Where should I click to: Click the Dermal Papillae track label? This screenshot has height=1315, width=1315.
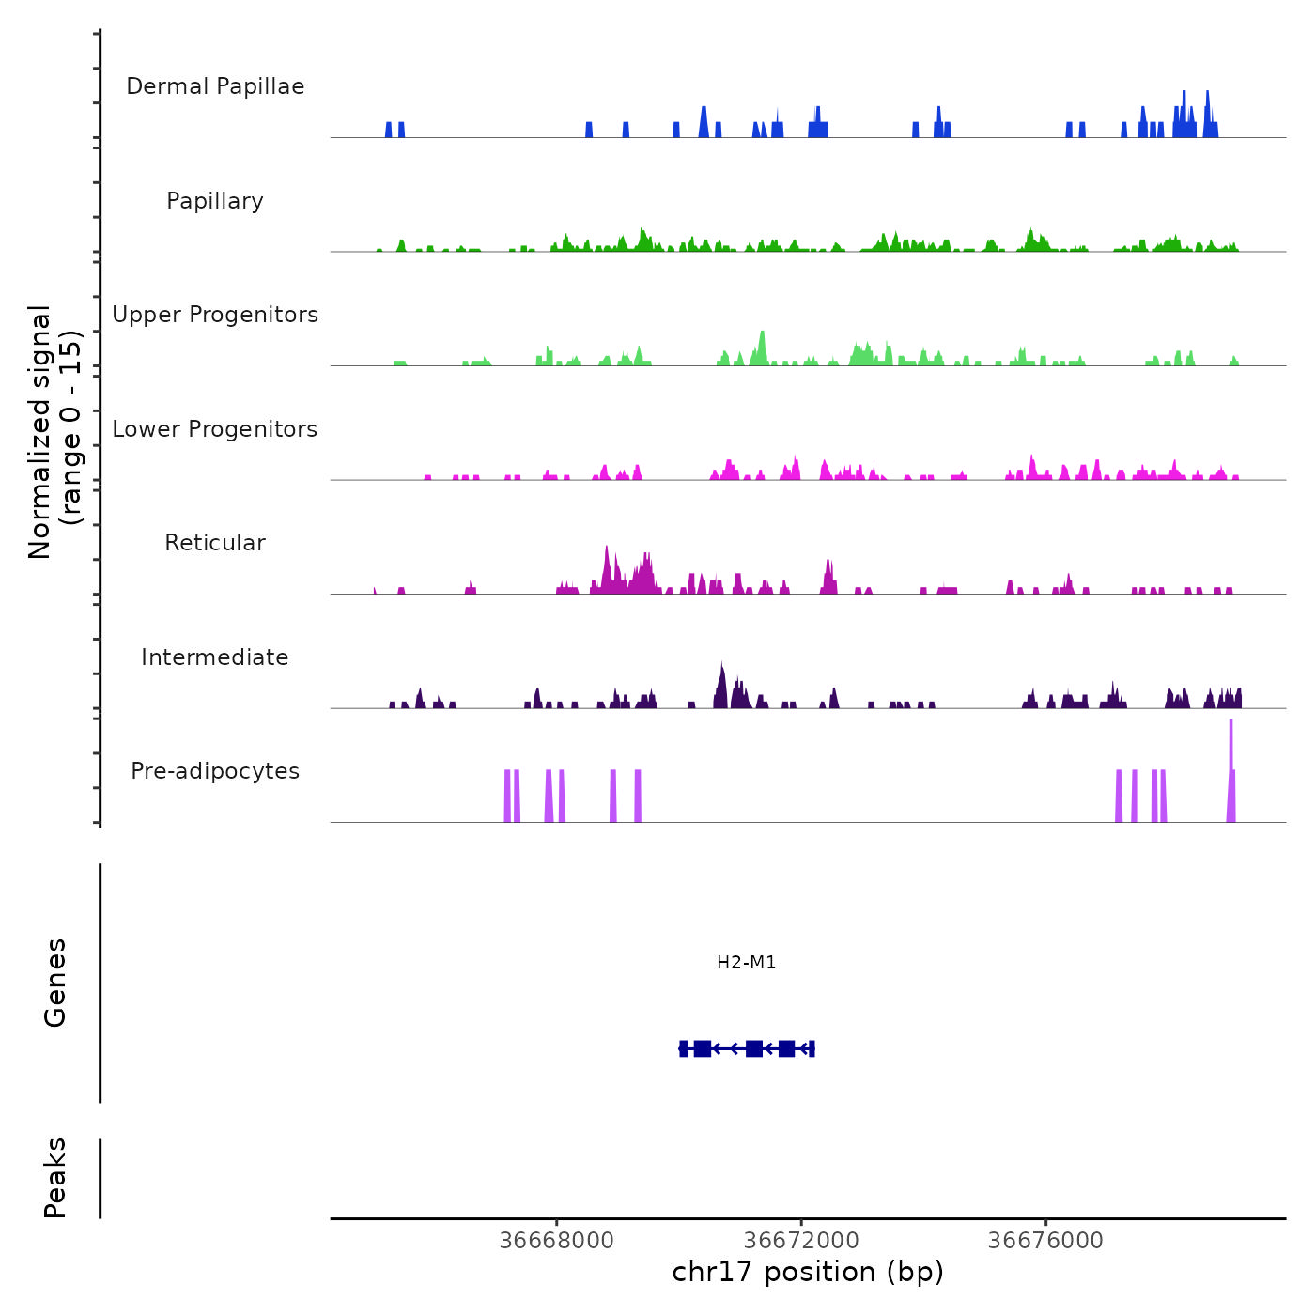click(215, 86)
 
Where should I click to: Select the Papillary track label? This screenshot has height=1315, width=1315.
click(215, 201)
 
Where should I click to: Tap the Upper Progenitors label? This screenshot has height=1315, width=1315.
click(215, 315)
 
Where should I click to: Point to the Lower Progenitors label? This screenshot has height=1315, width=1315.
click(215, 429)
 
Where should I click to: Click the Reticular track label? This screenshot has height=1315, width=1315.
click(215, 543)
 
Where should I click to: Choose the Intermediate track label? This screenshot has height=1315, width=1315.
click(215, 657)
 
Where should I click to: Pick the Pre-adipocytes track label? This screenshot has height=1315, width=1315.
click(215, 771)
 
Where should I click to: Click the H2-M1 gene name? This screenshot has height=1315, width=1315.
click(747, 962)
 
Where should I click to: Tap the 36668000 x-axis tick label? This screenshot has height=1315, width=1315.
click(557, 1241)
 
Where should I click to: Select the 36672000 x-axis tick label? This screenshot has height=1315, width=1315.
click(802, 1241)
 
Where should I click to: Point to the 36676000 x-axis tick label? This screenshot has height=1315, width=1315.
click(1045, 1241)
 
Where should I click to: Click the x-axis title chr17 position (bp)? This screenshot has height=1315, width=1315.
click(808, 1272)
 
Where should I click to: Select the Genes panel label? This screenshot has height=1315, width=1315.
click(55, 982)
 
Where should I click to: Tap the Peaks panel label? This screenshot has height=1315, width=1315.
click(55, 1178)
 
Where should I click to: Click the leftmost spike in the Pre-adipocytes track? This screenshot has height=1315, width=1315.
click(507, 794)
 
